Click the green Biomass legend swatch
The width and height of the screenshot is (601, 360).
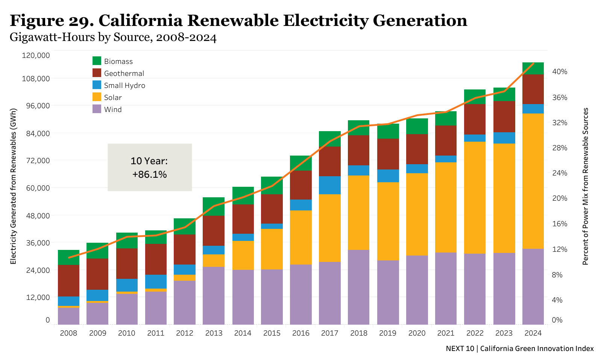pos(97,61)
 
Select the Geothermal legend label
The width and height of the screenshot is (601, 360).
pos(124,74)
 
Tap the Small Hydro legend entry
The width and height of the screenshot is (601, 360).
pos(124,85)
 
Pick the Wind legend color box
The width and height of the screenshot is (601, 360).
pos(97,109)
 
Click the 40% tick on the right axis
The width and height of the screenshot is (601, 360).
pos(559,72)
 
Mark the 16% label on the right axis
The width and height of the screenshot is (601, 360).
pos(559,224)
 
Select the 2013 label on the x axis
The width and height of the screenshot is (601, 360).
pos(214,333)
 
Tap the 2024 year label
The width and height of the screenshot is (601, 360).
pos(533,333)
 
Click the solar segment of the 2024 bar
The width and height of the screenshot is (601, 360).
pos(533,180)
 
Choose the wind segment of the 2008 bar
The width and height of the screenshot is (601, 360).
pos(68,316)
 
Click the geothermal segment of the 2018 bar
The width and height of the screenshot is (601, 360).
pos(358,150)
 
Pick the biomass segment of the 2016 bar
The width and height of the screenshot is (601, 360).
pos(300,163)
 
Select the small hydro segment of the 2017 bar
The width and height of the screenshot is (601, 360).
pos(329,185)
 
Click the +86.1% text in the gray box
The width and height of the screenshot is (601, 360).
pos(149,175)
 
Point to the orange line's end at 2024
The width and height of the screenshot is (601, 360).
pos(533,64)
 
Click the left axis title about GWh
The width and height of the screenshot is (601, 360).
pos(14,186)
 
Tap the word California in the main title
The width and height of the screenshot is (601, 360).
pos(141,21)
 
